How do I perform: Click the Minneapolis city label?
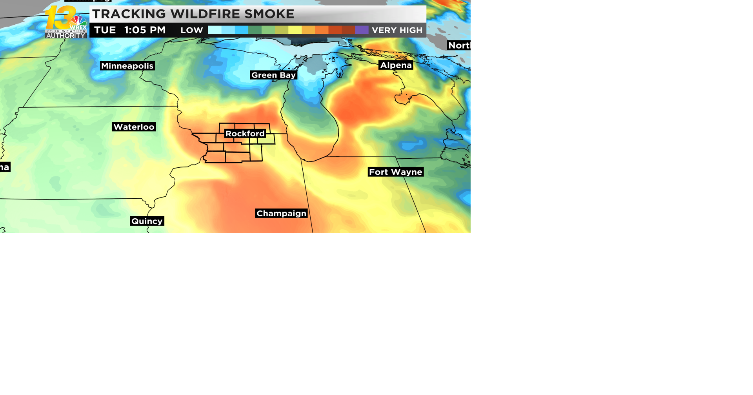[127, 66]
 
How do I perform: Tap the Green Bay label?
[273, 75]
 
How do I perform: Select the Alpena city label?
[396, 65]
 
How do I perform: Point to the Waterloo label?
[134, 127]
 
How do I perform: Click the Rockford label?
[245, 134]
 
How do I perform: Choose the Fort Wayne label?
[395, 172]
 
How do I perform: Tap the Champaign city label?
[281, 213]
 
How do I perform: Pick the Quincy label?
[147, 221]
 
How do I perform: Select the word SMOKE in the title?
[269, 14]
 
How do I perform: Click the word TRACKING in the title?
[129, 14]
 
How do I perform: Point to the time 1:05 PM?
[145, 30]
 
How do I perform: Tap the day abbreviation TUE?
[105, 30]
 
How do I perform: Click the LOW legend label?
[191, 30]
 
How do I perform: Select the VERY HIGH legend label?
[397, 30]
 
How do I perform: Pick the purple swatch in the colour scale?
[362, 30]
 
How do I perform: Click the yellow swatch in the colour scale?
[295, 30]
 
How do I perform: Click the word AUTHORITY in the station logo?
[65, 36]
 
